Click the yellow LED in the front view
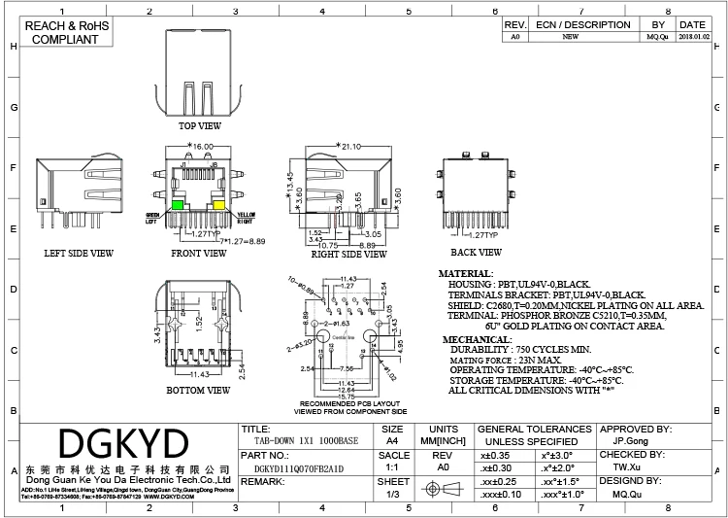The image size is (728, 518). (x=218, y=205)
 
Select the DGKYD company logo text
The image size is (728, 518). (x=123, y=444)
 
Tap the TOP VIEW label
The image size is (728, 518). (x=199, y=125)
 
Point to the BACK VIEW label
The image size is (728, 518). (x=477, y=253)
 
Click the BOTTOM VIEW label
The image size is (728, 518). (x=197, y=390)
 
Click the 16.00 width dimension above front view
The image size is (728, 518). (x=202, y=146)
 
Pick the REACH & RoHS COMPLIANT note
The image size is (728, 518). (x=65, y=32)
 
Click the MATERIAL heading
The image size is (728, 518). (x=466, y=274)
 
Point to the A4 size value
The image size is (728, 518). (x=393, y=439)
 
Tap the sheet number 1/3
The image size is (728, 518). (x=393, y=494)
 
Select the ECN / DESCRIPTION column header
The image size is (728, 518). (x=582, y=24)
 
